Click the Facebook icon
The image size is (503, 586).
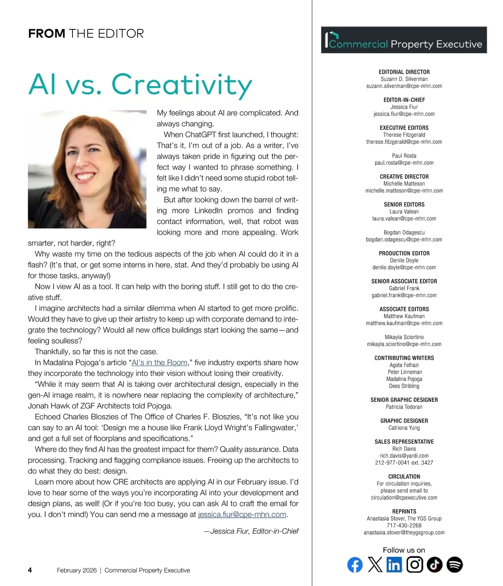point(355,565)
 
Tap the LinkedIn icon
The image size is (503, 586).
point(394,565)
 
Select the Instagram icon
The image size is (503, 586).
point(415,565)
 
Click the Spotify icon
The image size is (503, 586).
point(454,565)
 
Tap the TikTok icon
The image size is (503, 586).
point(435,565)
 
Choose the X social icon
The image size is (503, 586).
point(375,565)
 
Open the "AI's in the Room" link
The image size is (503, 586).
point(159,362)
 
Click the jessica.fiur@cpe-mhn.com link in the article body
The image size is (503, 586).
point(242,514)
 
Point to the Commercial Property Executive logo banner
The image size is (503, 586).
point(404,40)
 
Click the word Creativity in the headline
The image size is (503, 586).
point(181,85)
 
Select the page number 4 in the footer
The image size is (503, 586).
point(30,570)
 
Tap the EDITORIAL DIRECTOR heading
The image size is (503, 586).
point(404,72)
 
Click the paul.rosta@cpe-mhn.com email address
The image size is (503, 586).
point(404,163)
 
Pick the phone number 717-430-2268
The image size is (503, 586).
point(404,525)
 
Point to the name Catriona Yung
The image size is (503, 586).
point(404,428)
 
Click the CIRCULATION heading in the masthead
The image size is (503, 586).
point(404,476)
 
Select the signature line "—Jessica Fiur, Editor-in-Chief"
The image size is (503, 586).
point(251,531)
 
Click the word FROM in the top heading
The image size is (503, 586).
point(47,33)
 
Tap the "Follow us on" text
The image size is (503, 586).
point(404,550)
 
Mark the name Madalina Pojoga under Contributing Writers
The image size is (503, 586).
point(404,379)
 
